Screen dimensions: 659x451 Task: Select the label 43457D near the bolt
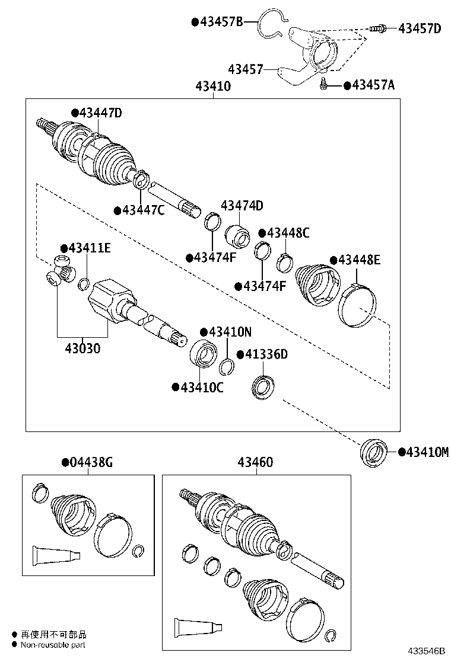(420, 28)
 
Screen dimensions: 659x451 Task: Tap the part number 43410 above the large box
(212, 87)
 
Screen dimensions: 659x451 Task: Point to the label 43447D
(100, 113)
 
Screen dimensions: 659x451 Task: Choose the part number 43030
(78, 348)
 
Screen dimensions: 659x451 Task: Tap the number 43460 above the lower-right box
(256, 462)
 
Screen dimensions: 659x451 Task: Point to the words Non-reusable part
(53, 644)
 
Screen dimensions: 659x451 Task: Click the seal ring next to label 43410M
(374, 452)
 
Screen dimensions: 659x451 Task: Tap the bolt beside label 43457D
(377, 28)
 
